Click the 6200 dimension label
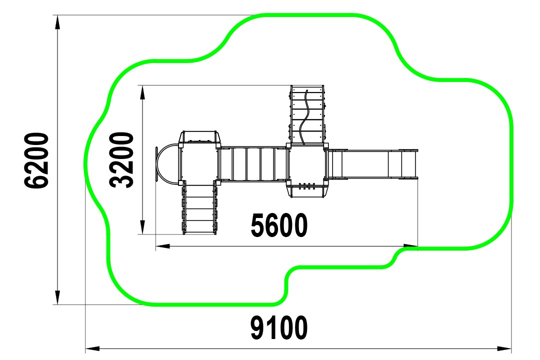point(36,160)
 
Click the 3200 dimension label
point(121,160)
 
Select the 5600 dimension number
point(279,225)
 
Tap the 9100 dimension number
point(279,327)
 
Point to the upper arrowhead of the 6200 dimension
point(57,22)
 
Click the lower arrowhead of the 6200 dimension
point(57,297)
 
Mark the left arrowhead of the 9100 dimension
point(92,349)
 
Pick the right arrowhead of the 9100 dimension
point(504,349)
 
